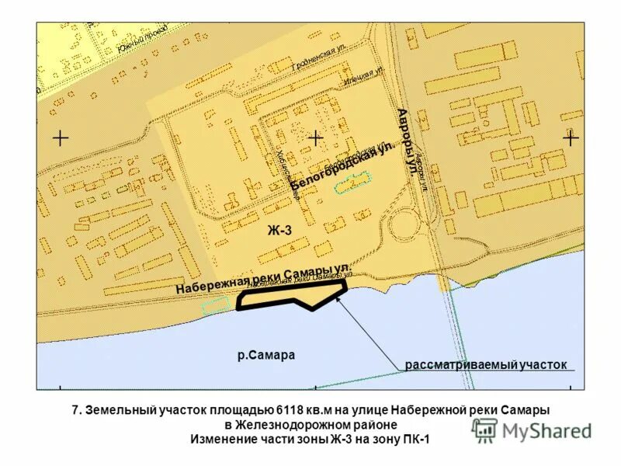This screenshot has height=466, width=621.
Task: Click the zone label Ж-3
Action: point(279,230)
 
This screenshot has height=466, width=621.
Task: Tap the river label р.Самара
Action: point(267,355)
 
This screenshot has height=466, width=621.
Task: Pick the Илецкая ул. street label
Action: point(365,76)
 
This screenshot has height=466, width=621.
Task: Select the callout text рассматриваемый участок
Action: point(486,364)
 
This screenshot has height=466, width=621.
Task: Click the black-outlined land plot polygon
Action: point(289,295)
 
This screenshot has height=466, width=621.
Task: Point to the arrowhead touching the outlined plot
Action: point(340,297)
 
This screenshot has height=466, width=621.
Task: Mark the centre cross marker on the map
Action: point(316,138)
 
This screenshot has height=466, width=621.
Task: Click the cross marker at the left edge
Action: point(61,138)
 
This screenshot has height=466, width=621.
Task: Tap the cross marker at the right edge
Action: point(571,138)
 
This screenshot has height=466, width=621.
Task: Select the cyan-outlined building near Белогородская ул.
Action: point(353,183)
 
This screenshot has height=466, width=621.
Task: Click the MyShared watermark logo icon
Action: point(485,429)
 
